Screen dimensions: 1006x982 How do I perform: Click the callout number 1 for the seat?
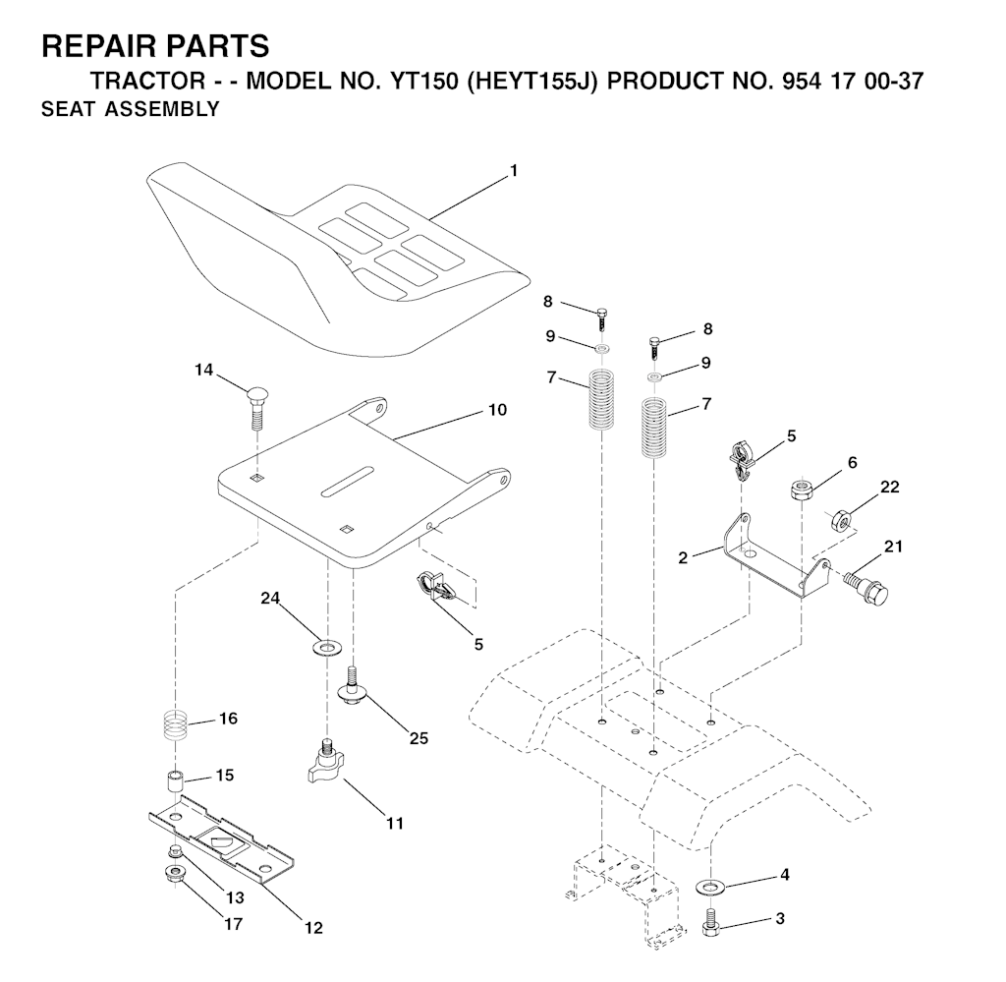513,171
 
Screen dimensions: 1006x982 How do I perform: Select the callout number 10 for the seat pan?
498,410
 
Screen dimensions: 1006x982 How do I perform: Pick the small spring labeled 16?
175,724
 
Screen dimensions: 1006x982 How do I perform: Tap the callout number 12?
314,928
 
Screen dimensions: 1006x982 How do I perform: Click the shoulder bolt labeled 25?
352,687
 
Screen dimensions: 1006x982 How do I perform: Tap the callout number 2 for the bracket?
683,557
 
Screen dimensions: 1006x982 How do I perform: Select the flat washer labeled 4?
709,888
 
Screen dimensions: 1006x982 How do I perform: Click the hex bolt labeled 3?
709,922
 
